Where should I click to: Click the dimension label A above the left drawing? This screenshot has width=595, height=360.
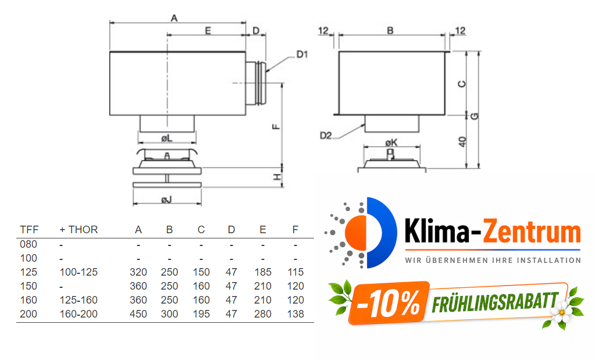(x=173, y=18)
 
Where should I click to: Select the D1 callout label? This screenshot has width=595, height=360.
(x=302, y=55)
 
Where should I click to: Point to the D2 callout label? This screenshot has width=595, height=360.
(x=326, y=136)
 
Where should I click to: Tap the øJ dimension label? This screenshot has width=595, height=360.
(x=166, y=200)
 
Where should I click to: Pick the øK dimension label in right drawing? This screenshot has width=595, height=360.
(x=391, y=142)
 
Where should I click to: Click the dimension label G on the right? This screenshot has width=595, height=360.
(x=475, y=116)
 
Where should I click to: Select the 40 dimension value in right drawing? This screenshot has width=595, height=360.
(x=462, y=141)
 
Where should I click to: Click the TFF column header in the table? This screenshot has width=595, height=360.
(x=29, y=230)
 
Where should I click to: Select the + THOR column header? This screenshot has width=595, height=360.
(x=79, y=230)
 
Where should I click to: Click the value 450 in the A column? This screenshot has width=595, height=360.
(x=138, y=314)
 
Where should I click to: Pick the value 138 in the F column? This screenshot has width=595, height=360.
(x=295, y=314)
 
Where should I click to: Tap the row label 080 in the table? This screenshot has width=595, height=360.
(x=28, y=244)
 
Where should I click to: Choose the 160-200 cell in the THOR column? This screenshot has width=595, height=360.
(x=79, y=314)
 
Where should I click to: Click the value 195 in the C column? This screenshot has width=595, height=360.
(x=201, y=314)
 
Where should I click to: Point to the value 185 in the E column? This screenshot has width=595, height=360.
(x=263, y=272)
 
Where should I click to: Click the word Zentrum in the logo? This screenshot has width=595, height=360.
(x=533, y=233)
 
